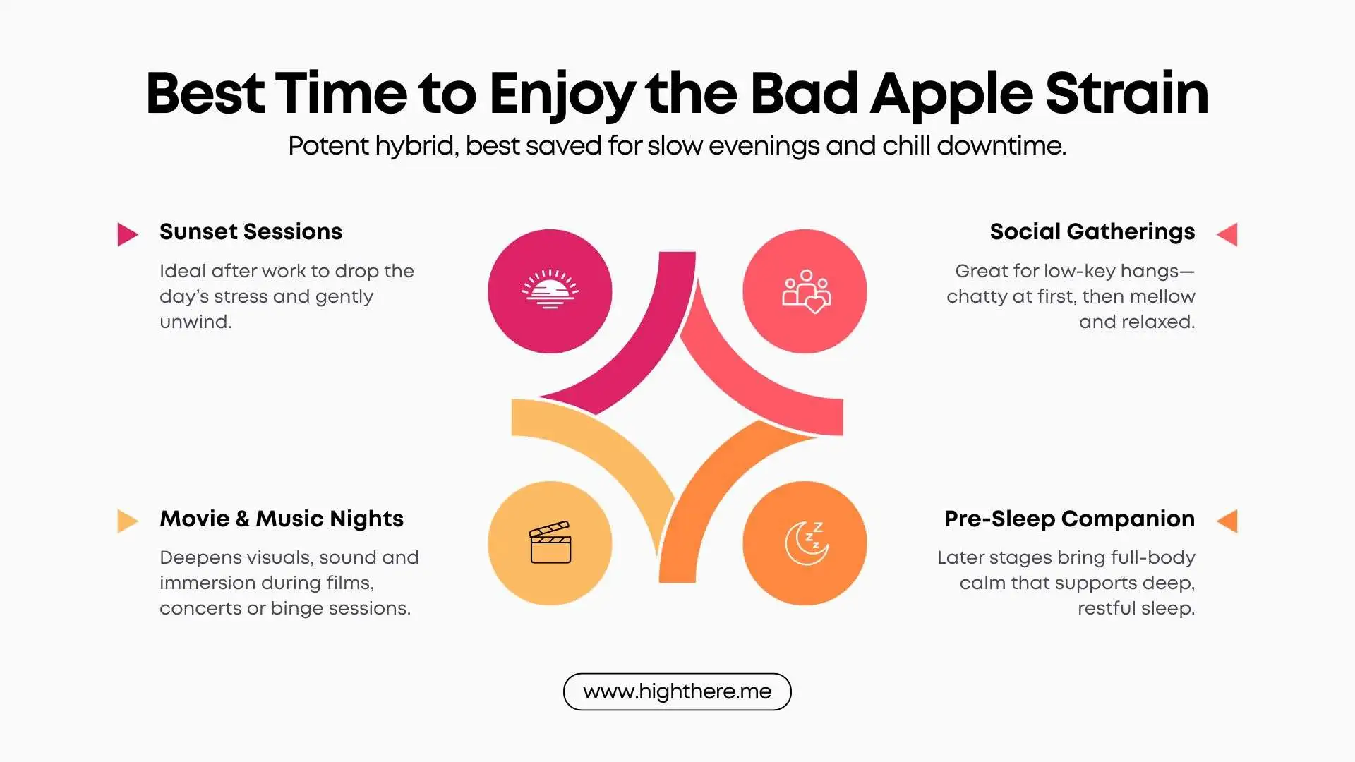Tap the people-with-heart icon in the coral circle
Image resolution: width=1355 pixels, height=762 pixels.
pos(805,291)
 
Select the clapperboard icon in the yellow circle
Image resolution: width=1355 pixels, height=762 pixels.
pos(550,543)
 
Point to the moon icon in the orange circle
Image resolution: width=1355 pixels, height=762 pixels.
pos(805,543)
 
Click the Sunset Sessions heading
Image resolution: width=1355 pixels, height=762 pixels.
pos(251,231)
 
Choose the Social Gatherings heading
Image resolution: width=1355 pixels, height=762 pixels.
pos(1092,231)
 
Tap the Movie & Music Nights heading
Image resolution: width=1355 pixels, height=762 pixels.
pos(282,519)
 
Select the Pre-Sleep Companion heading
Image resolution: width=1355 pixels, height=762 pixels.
pos(1069,519)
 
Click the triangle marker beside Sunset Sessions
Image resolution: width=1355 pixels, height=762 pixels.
pos(127,234)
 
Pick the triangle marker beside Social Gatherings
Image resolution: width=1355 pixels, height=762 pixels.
pos(1228,234)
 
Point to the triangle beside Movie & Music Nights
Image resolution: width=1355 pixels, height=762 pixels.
pos(127,521)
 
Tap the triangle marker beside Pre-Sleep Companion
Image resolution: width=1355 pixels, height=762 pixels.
pos(1228,521)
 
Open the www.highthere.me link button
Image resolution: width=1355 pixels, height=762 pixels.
pos(677,691)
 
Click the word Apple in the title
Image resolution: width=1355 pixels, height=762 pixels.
pos(953,95)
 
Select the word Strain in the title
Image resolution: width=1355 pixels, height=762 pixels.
pos(1126,93)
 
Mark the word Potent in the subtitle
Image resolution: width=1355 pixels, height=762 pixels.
pos(328,147)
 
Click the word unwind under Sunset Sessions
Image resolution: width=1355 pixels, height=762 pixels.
pos(195,322)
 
